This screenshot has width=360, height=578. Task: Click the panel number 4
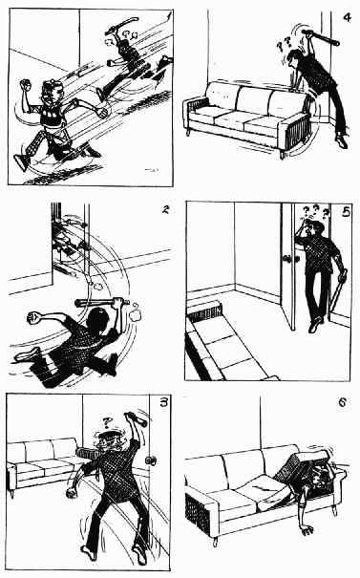[x=347, y=17]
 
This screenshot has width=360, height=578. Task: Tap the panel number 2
[x=165, y=210]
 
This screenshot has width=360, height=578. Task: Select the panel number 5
[x=346, y=212]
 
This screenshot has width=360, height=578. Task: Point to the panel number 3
[x=163, y=402]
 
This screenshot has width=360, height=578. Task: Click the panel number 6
[x=342, y=402]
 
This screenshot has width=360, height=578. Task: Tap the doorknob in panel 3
[x=150, y=460]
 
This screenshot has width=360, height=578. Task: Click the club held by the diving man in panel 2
[x=102, y=303]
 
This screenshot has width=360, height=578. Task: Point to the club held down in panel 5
[x=339, y=292]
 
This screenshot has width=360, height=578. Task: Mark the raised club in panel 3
[x=137, y=418]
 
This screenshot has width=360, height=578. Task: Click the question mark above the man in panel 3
[x=107, y=421]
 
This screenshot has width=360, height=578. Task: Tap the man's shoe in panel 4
[x=342, y=141]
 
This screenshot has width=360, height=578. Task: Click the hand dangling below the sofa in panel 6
[x=307, y=530]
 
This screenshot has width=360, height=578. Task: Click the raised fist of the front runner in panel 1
[x=25, y=84]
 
